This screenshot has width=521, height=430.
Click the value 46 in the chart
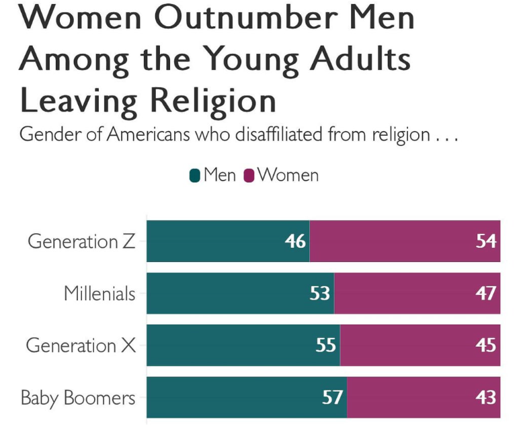point(295,241)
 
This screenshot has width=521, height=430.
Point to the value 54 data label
point(486,241)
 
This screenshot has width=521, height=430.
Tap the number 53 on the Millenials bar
point(319,294)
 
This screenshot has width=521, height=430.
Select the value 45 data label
point(486,345)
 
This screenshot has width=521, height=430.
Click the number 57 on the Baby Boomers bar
point(333,397)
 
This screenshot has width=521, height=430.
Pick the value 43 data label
point(486,397)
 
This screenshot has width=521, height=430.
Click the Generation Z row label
point(81,241)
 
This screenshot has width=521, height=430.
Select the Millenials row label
point(99,294)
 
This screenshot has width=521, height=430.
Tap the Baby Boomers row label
point(78,398)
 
